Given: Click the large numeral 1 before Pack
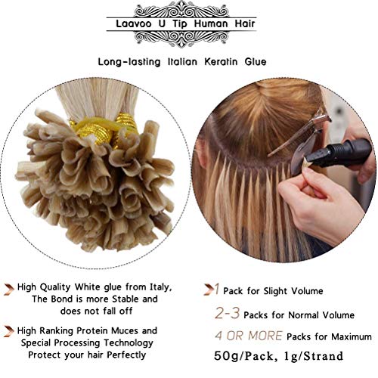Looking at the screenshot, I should point(217,289).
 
